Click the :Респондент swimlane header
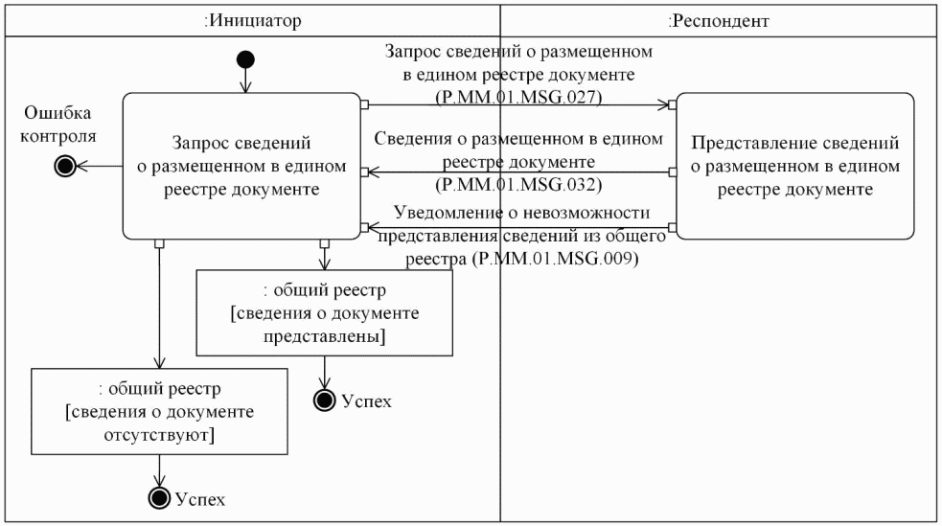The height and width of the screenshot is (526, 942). (x=719, y=19)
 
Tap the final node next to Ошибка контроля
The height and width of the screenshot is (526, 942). (x=65, y=166)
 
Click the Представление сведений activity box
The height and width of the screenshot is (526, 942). (x=795, y=165)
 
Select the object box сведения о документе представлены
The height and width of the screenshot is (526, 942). (x=324, y=312)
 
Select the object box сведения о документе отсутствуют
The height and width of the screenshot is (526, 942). (x=160, y=412)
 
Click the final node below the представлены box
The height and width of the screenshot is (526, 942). (x=326, y=400)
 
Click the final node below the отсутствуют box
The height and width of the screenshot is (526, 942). (x=160, y=497)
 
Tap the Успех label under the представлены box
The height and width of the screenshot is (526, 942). (x=366, y=400)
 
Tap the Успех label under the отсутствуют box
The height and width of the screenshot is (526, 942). (x=200, y=498)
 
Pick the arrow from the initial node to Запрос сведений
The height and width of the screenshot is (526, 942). (x=246, y=81)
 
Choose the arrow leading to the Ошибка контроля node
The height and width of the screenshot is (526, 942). (x=100, y=166)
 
